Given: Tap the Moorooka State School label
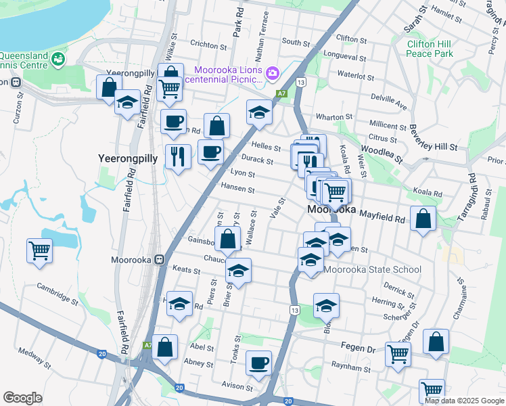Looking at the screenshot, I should pos(372,269).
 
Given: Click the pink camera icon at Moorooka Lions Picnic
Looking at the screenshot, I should pos(273,72).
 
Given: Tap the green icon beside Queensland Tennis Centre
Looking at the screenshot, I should pos(59,60).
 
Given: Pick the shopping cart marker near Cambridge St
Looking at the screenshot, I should pos(40,250).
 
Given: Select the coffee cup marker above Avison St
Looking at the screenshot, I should pos(258,363).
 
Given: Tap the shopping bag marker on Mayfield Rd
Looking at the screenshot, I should pos(423,219).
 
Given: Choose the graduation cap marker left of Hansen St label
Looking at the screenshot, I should pos(258,113).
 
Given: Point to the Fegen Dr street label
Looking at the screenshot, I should pos(362,348).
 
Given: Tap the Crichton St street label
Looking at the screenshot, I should pos(208,45).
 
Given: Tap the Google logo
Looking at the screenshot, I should pos(22,397).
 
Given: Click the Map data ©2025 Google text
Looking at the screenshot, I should pos(463,401).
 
